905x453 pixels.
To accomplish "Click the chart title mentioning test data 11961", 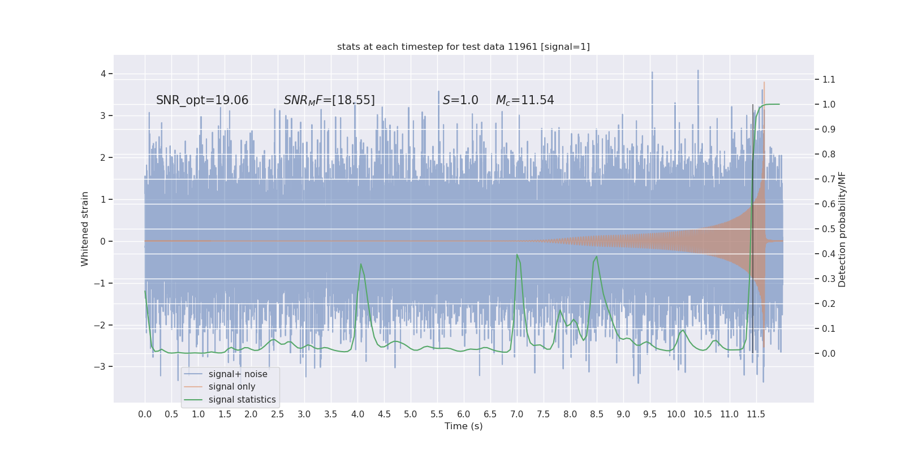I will click(463, 46).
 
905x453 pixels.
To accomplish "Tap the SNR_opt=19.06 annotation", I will click(202, 100).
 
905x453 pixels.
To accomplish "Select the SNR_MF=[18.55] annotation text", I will click(329, 100).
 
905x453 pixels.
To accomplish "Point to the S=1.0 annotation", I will click(460, 100).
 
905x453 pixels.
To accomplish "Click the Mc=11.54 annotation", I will click(524, 100).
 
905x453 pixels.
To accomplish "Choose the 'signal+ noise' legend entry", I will click(238, 374).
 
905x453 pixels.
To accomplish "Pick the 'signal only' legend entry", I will click(231, 387).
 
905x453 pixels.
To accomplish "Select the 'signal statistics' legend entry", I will click(242, 400).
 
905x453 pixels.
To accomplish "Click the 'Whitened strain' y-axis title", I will click(85, 229).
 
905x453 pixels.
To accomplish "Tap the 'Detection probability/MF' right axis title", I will click(842, 229).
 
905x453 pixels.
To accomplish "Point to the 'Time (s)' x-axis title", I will click(463, 426).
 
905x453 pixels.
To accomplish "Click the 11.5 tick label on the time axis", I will click(756, 414).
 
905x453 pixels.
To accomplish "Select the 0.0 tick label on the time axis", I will click(145, 414).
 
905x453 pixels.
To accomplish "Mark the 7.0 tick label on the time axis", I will click(517, 414).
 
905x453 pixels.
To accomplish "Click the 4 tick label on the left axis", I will click(104, 74).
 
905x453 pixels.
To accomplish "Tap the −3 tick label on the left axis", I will click(101, 367).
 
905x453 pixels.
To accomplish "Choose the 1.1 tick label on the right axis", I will click(829, 79).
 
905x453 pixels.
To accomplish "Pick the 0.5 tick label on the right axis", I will click(829, 229).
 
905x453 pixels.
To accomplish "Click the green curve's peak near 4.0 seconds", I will click(361, 264).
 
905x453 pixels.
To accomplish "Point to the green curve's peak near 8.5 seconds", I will click(597, 257).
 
